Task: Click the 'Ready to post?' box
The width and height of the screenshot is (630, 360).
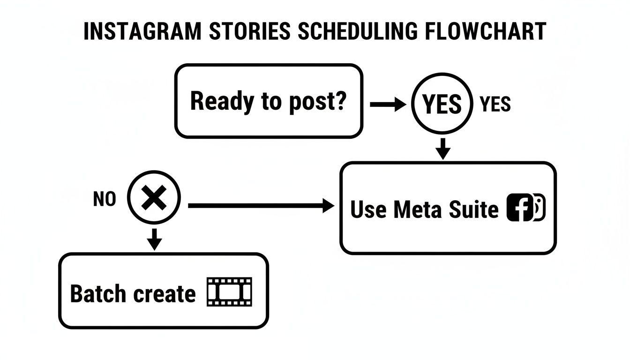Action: coord(269,101)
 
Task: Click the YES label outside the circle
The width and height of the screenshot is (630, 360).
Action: coord(495,105)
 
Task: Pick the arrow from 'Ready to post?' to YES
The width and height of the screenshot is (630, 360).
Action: coord(388,105)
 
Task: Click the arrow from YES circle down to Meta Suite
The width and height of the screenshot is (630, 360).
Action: coord(442,149)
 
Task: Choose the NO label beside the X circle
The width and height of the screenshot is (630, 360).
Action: coord(105,200)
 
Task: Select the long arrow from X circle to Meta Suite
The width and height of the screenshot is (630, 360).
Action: coord(261,205)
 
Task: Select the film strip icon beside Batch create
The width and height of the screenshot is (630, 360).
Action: coord(229,292)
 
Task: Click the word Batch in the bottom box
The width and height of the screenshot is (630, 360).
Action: coord(98,294)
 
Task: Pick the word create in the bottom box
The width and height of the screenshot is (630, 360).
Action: coord(164,294)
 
